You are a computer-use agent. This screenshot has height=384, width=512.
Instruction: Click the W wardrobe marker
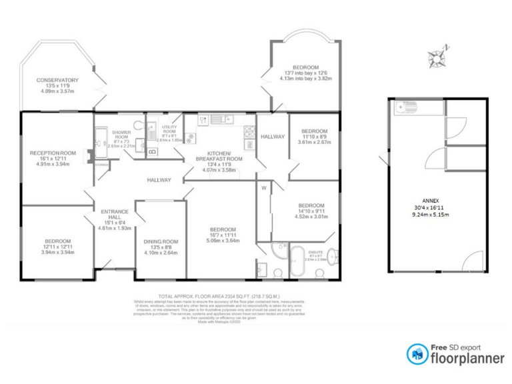coord(263,187)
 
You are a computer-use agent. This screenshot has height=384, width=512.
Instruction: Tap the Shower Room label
coord(121,137)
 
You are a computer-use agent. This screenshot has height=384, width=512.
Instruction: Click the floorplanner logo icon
coord(418,353)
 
